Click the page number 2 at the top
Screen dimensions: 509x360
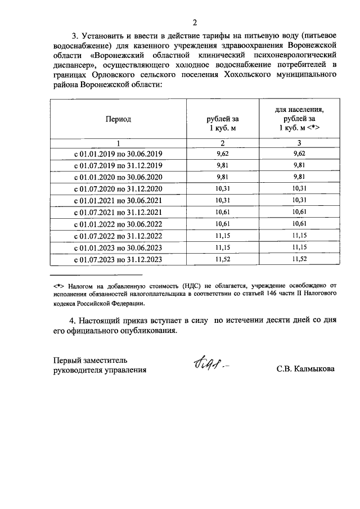coord(195,23)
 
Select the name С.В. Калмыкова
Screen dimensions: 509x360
coord(305,370)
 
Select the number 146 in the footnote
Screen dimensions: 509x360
coord(264,294)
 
